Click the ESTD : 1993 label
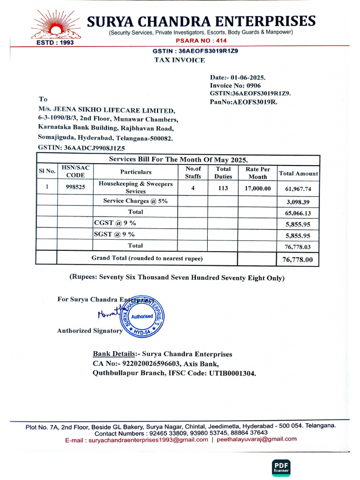[x=55, y=42]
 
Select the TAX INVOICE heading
[x=180, y=60]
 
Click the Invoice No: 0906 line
[x=235, y=85]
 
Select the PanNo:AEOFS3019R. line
[x=243, y=101]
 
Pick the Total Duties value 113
[x=223, y=188]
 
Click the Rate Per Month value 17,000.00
[x=258, y=188]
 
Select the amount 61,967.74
[x=298, y=189]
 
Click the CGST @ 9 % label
[x=115, y=223]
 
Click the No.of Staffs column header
[x=193, y=172]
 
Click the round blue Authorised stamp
[x=142, y=316]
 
